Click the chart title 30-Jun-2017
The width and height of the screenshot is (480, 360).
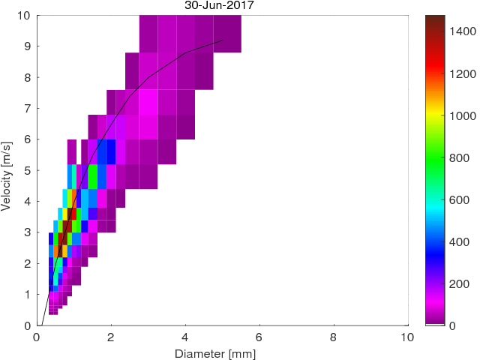[x=220, y=5]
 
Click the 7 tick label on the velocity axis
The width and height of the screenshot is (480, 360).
[x=27, y=108]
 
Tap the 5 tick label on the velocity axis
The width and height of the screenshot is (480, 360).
[x=27, y=170]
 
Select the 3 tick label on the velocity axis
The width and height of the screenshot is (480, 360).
[x=27, y=232]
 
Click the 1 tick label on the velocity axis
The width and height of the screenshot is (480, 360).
[x=27, y=294]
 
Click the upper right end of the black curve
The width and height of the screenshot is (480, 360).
[x=223, y=40]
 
